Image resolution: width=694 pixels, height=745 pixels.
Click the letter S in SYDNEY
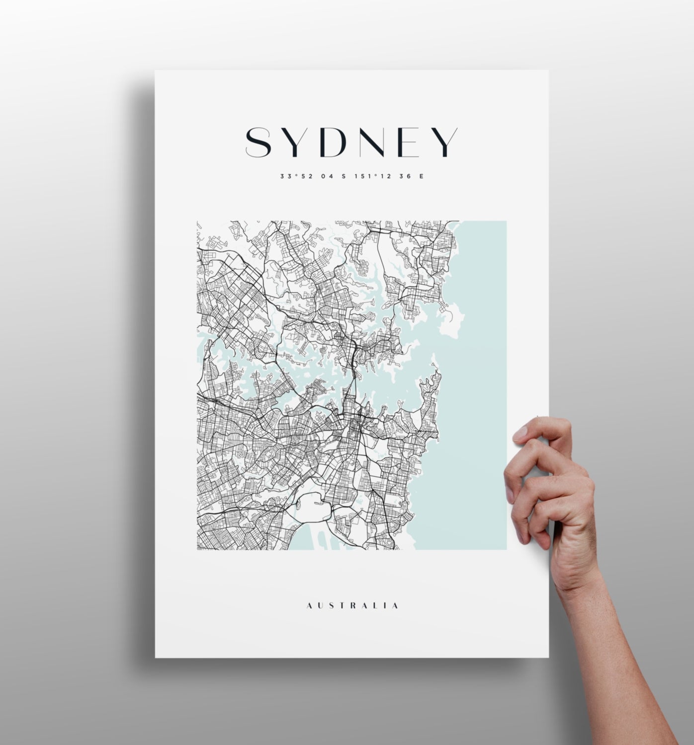coord(259,143)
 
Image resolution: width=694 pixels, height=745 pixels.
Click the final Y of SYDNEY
coord(444,143)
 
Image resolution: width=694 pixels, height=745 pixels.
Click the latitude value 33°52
coord(296,176)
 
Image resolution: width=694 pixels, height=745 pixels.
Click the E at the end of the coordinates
coord(422,176)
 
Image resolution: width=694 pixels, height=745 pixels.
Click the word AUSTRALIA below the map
coord(352,605)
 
